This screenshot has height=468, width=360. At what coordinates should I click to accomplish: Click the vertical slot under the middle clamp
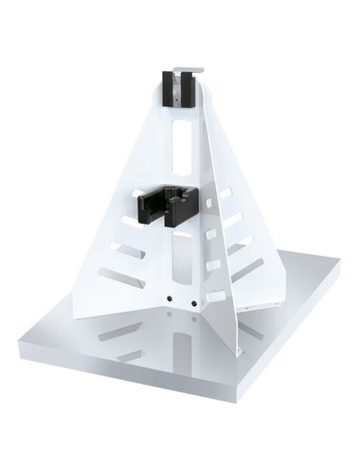pos(181,256)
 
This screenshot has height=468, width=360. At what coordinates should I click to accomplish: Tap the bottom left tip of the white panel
pos(75,316)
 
